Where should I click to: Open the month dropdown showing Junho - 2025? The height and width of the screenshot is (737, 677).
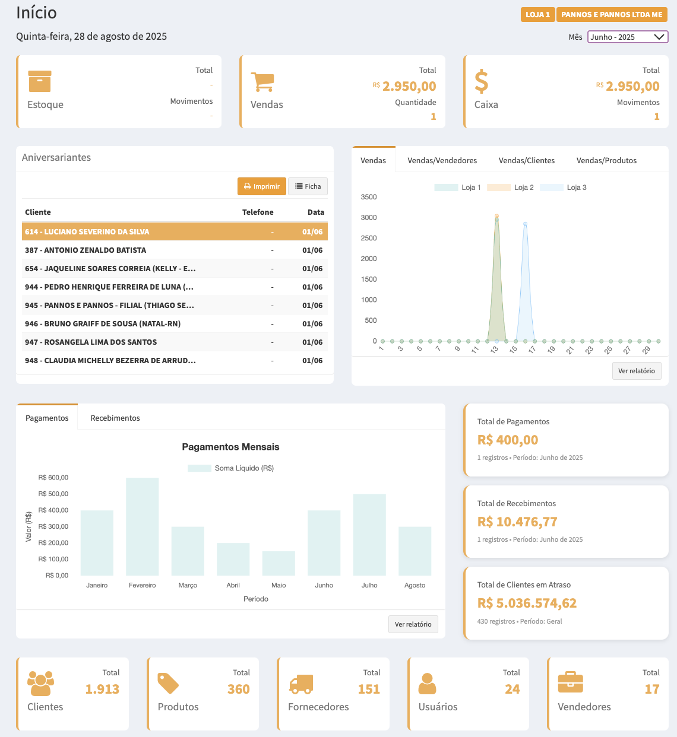pyautogui.click(x=628, y=37)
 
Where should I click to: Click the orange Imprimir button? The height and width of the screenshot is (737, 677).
pyautogui.click(x=262, y=186)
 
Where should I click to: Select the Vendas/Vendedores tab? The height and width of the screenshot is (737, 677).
pyautogui.click(x=442, y=160)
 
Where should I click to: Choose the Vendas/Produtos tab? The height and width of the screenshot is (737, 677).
pyautogui.click(x=606, y=160)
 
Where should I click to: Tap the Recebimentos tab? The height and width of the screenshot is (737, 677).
pyautogui.click(x=115, y=418)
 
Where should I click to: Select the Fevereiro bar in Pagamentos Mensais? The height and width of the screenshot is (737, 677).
pyautogui.click(x=143, y=526)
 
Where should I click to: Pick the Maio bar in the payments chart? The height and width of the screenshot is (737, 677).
pyautogui.click(x=279, y=563)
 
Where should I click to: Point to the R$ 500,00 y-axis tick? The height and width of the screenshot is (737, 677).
pyautogui.click(x=53, y=494)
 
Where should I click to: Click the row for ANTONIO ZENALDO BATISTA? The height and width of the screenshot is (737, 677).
pyautogui.click(x=175, y=250)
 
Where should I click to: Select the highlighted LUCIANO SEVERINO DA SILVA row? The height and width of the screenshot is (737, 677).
pyautogui.click(x=175, y=232)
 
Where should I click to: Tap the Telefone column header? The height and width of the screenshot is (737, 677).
pyautogui.click(x=258, y=212)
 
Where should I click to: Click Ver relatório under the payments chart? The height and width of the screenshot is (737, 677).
pyautogui.click(x=413, y=624)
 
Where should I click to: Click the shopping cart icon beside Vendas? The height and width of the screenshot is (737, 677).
pyautogui.click(x=262, y=82)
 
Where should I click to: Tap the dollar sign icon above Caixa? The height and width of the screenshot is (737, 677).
pyautogui.click(x=482, y=82)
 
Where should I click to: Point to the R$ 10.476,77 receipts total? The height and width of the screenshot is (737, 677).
pyautogui.click(x=517, y=522)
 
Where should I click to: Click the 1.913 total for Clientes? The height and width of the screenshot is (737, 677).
pyautogui.click(x=102, y=689)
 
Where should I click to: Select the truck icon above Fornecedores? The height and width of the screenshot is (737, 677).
pyautogui.click(x=301, y=684)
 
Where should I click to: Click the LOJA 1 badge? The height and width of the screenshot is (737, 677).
pyautogui.click(x=537, y=15)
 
